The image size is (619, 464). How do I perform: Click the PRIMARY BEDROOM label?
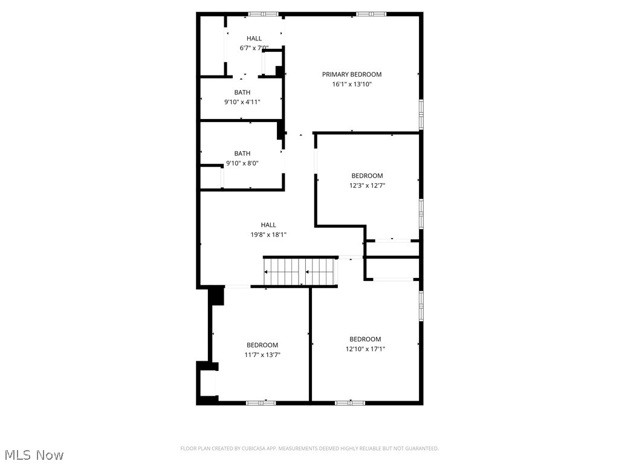(352, 74)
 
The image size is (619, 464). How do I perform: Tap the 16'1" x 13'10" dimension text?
(352, 84)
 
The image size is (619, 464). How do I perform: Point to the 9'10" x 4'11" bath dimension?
(242, 101)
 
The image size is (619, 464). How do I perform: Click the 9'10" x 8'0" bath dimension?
(242, 163)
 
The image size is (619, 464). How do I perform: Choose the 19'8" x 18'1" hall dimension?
(268, 235)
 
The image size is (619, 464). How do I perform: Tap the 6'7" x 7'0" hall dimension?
(254, 48)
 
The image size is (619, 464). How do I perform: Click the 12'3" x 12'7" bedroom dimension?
(367, 185)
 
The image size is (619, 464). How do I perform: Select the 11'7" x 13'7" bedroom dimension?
(262, 355)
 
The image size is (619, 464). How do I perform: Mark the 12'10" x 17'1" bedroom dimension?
(365, 349)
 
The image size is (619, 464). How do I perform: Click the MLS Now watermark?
(34, 455)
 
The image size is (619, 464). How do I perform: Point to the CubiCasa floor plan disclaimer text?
(309, 448)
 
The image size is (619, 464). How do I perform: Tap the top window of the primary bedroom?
(371, 14)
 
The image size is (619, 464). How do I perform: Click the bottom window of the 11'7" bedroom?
(261, 403)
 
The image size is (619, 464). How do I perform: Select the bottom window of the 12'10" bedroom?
(350, 403)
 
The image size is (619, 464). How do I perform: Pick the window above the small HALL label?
(263, 14)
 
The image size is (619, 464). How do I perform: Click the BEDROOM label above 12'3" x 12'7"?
(367, 176)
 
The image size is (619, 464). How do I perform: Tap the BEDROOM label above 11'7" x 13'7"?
(262, 345)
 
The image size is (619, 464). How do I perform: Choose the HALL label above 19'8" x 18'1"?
(268, 225)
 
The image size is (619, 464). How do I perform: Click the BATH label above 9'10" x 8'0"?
(242, 153)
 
